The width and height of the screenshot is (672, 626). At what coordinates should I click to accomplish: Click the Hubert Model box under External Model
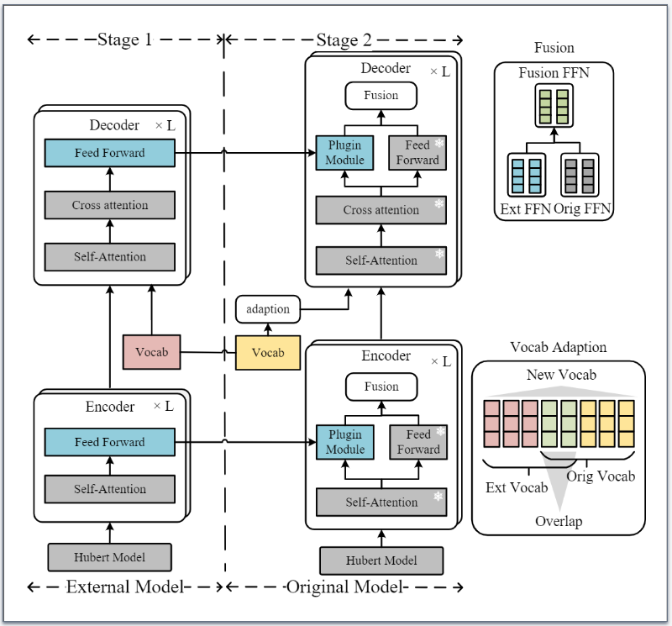(109, 556)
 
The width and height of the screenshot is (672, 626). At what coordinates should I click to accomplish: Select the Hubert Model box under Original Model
(381, 560)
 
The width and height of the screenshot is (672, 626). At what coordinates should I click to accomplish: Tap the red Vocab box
(151, 351)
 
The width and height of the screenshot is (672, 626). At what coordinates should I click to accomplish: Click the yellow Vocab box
(268, 352)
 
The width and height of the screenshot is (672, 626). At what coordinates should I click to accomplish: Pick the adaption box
(268, 309)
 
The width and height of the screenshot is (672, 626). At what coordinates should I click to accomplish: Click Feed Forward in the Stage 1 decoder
(109, 153)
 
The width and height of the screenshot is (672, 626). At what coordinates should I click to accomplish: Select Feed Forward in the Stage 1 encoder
(109, 442)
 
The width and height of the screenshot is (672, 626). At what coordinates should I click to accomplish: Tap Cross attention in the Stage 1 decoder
(109, 205)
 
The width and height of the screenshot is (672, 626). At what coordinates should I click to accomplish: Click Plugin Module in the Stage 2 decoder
(345, 153)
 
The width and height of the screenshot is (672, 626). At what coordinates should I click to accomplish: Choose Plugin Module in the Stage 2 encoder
(345, 442)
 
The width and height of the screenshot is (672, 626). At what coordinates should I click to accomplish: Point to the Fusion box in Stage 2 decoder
(381, 96)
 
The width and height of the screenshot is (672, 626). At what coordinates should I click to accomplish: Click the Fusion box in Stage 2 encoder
(381, 387)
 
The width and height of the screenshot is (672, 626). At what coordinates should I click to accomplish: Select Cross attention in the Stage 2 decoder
(381, 210)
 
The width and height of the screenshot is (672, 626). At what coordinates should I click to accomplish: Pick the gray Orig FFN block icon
(579, 176)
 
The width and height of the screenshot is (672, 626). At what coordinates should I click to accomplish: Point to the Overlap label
(559, 521)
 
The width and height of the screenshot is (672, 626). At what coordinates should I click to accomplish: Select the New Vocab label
(560, 375)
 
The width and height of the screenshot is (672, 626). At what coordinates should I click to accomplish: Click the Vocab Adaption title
(559, 347)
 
